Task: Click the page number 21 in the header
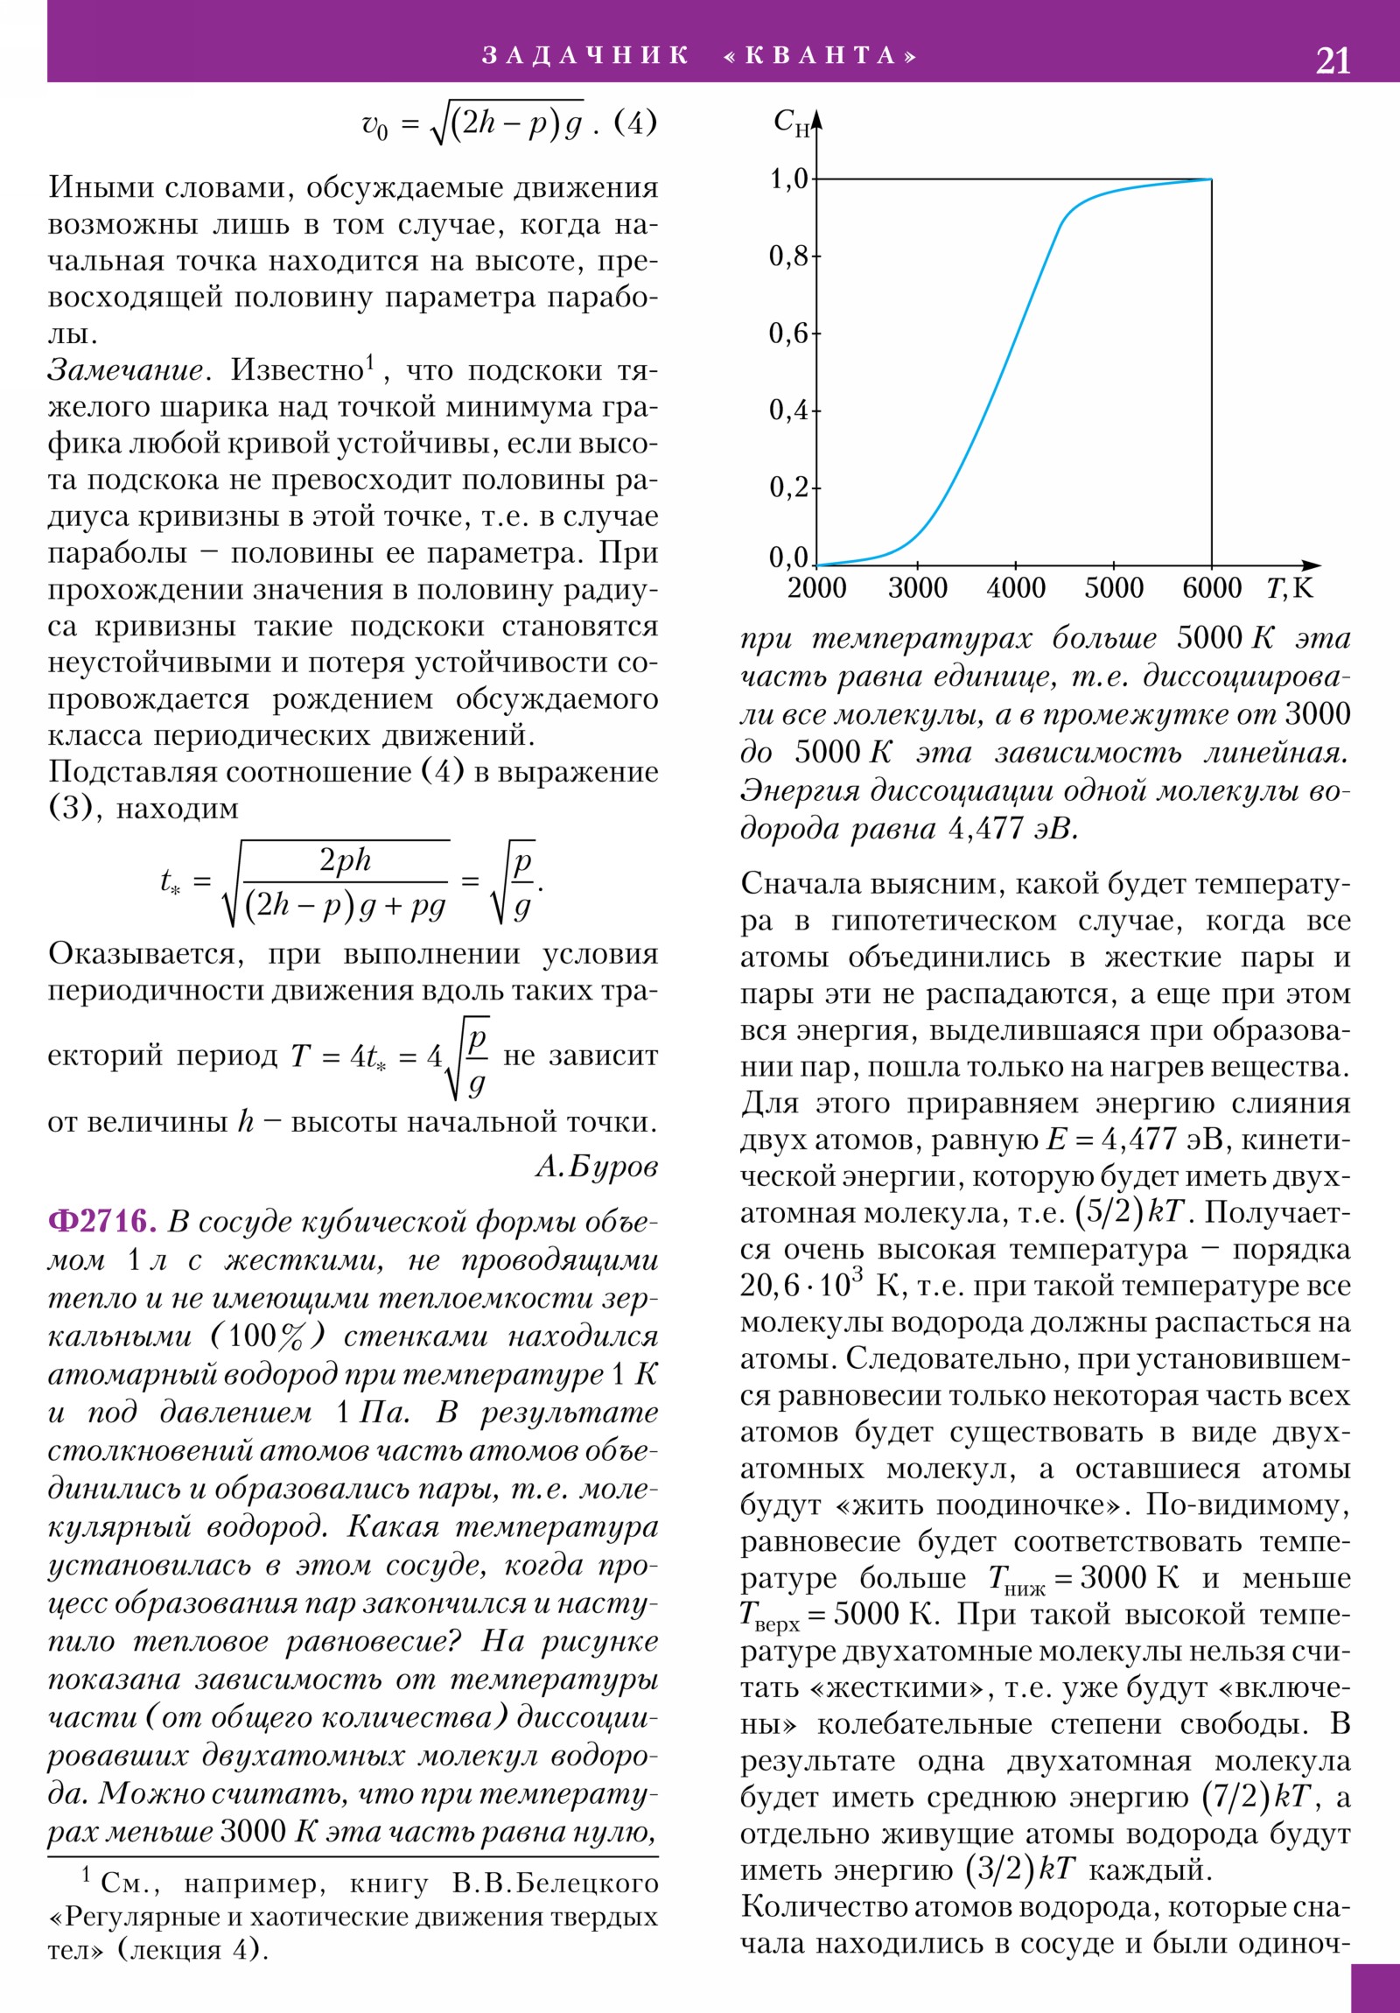pyautogui.click(x=1332, y=60)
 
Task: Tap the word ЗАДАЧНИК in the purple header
pyautogui.click(x=585, y=55)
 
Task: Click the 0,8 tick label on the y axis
pyautogui.click(x=788, y=256)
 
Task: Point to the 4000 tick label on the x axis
pyautogui.click(x=1015, y=588)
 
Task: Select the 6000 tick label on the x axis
pyautogui.click(x=1212, y=588)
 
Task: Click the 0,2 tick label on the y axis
pyautogui.click(x=788, y=487)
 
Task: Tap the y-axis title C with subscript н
pyautogui.click(x=791, y=123)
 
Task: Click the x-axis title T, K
pyautogui.click(x=1290, y=588)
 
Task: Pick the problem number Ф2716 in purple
pyautogui.click(x=101, y=1221)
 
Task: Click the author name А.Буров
pyautogui.click(x=596, y=1165)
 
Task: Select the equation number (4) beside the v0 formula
pyautogui.click(x=634, y=123)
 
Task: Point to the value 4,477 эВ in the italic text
pyautogui.click(x=1011, y=829)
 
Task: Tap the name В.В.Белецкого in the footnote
pyautogui.click(x=555, y=1883)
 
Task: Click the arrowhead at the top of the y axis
pyautogui.click(x=817, y=119)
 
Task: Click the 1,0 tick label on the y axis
pyautogui.click(x=788, y=179)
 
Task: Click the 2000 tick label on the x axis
pyautogui.click(x=817, y=588)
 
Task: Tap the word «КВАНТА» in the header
pyautogui.click(x=821, y=55)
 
